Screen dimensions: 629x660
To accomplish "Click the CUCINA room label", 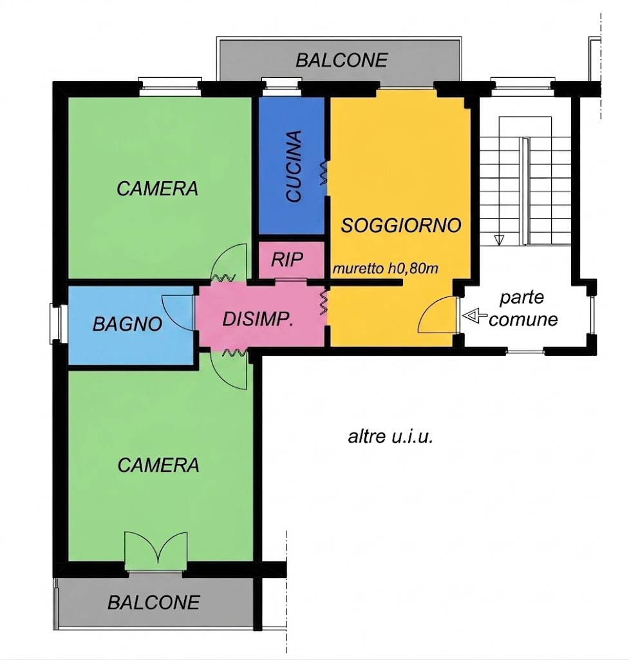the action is [294, 166].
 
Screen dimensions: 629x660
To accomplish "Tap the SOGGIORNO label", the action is [400, 226].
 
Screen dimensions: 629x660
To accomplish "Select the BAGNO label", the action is [127, 324].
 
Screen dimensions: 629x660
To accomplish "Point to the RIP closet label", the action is [287, 260].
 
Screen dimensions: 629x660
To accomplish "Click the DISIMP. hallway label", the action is [258, 319].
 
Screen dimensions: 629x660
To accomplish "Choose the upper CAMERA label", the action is [157, 189].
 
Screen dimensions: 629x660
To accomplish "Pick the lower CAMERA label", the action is [158, 465].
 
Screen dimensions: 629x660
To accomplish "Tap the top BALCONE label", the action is [341, 60].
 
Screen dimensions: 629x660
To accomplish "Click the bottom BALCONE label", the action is [153, 603].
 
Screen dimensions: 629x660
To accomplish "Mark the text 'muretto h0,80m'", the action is [385, 268].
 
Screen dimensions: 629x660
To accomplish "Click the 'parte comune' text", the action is [523, 309].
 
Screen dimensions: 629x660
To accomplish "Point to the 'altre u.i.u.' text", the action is [390, 436].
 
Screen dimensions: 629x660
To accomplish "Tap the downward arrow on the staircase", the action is [499, 240].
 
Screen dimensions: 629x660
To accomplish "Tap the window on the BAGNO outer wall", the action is [55, 322].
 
